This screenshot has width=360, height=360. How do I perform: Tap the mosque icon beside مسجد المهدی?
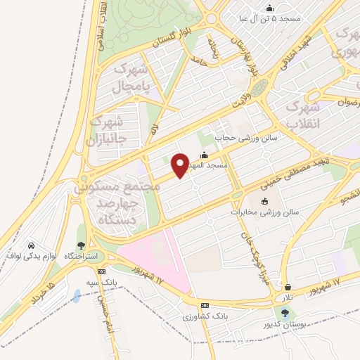tap(205, 155)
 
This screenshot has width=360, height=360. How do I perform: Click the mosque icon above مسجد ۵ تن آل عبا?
tap(269, 8)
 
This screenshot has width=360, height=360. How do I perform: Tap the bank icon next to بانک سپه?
tap(102, 271)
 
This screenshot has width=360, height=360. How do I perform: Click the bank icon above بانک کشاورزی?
tap(205, 305)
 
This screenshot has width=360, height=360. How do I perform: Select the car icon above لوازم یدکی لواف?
tap(32, 245)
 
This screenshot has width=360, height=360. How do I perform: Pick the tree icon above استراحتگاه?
tap(82, 245)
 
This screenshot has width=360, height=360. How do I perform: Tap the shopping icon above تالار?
tap(288, 287)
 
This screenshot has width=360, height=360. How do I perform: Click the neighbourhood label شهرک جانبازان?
tap(109, 129)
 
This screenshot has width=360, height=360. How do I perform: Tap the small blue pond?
tap(75, 296)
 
